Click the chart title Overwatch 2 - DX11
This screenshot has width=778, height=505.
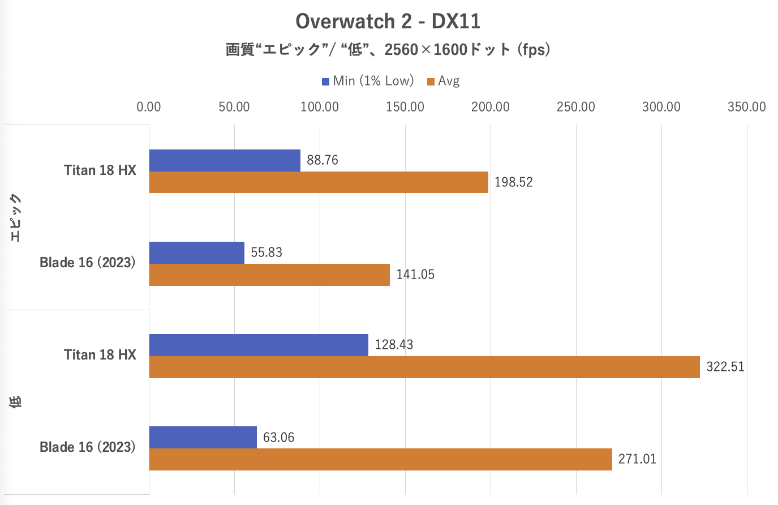(388, 22)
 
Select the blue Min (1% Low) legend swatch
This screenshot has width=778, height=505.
(325, 82)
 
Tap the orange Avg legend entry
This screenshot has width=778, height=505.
(444, 81)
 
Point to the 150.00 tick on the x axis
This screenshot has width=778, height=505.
(405, 107)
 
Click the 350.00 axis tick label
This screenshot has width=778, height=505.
(746, 107)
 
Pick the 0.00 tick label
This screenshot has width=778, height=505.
(149, 107)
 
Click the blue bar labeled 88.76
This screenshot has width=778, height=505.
(225, 160)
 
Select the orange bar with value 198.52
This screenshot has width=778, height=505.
(319, 182)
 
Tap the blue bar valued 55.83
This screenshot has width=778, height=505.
(197, 252)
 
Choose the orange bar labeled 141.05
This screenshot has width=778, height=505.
(269, 275)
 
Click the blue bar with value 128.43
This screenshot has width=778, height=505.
(259, 345)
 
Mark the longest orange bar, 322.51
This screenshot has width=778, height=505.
(424, 367)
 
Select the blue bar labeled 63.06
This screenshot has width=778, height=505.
(203, 437)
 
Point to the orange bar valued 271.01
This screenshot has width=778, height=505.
(380, 459)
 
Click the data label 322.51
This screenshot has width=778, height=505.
(725, 367)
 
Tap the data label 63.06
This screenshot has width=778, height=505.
(278, 437)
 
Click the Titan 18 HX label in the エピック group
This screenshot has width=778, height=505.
(100, 170)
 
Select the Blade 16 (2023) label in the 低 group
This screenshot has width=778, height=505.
(88, 447)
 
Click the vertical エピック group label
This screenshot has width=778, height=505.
(15, 217)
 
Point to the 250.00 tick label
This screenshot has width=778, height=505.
(575, 107)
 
